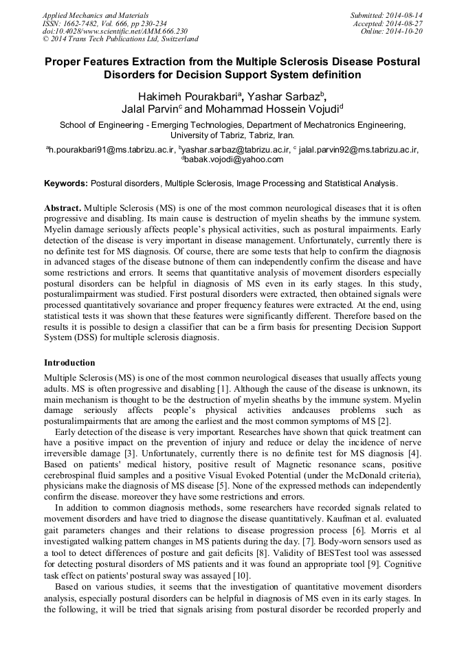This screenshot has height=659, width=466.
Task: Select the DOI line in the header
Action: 115,32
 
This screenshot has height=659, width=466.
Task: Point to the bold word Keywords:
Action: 66,183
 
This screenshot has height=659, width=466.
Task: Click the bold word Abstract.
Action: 63,208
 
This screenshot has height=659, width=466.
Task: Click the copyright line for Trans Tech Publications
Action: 120,40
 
